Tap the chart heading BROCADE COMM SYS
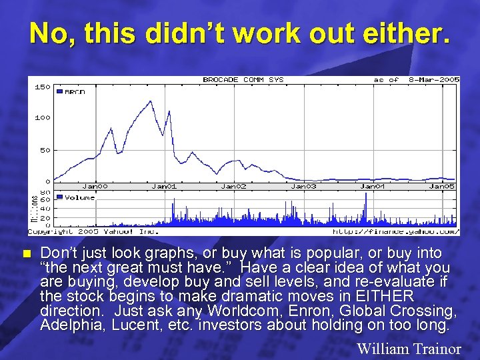(x=243, y=80)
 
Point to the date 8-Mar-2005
(x=435, y=80)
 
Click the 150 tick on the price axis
(x=41, y=87)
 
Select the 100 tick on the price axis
(x=41, y=118)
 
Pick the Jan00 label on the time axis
(x=95, y=187)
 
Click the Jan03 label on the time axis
(x=303, y=187)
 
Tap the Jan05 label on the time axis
(x=441, y=187)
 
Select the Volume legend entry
(x=77, y=197)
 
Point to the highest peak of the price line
(x=151, y=101)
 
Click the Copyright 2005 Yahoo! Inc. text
(x=93, y=232)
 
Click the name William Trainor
(x=409, y=348)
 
